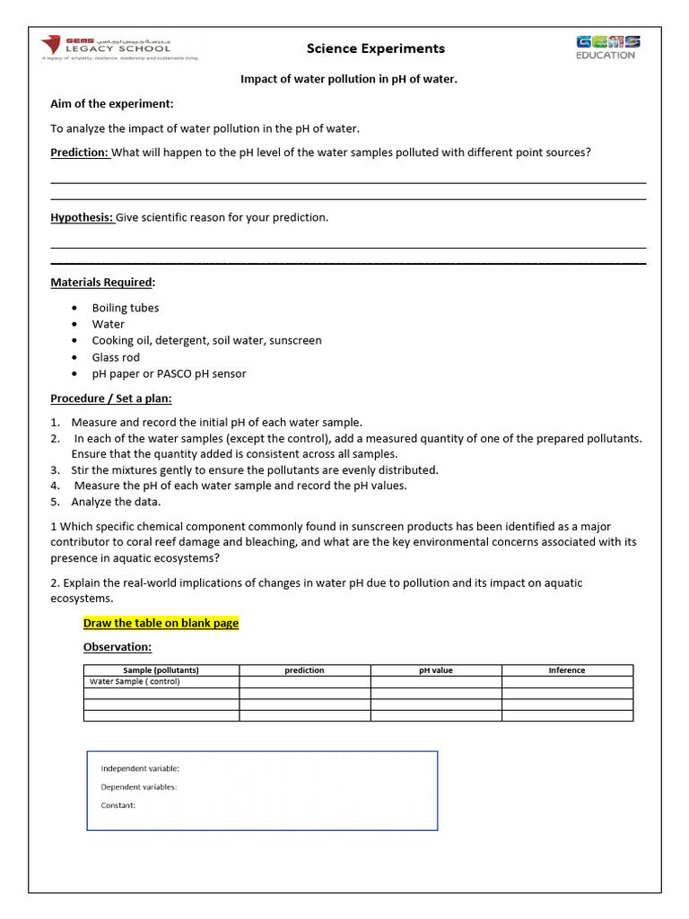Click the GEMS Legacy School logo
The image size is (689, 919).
click(118, 48)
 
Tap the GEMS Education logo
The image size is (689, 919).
click(607, 47)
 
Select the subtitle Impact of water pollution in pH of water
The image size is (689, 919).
click(349, 79)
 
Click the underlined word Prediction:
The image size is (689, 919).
click(79, 153)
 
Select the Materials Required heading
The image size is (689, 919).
click(102, 283)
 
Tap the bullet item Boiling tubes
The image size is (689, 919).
click(125, 308)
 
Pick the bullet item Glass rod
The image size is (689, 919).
click(116, 357)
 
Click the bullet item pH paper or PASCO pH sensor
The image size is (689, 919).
click(169, 373)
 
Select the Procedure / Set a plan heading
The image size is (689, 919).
click(110, 398)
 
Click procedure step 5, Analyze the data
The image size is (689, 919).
click(116, 502)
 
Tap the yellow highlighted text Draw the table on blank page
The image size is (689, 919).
click(161, 623)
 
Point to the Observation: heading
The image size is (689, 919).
click(117, 647)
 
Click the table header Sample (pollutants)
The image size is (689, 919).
click(161, 670)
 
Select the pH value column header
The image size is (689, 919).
click(436, 670)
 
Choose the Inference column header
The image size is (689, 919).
click(567, 670)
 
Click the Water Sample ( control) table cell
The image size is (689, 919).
click(135, 681)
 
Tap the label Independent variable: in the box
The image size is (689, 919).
click(140, 768)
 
